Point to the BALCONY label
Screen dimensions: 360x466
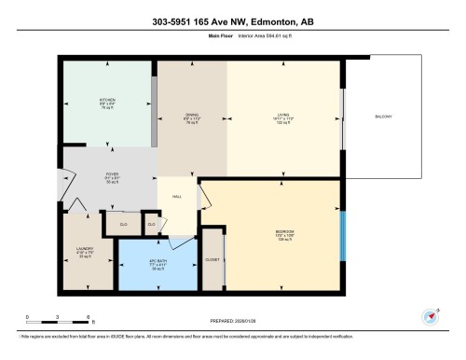click(x=383, y=117)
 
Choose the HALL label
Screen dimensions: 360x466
click(x=176, y=197)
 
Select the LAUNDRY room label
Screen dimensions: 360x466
click(x=85, y=249)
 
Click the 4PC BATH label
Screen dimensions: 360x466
click(x=158, y=262)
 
